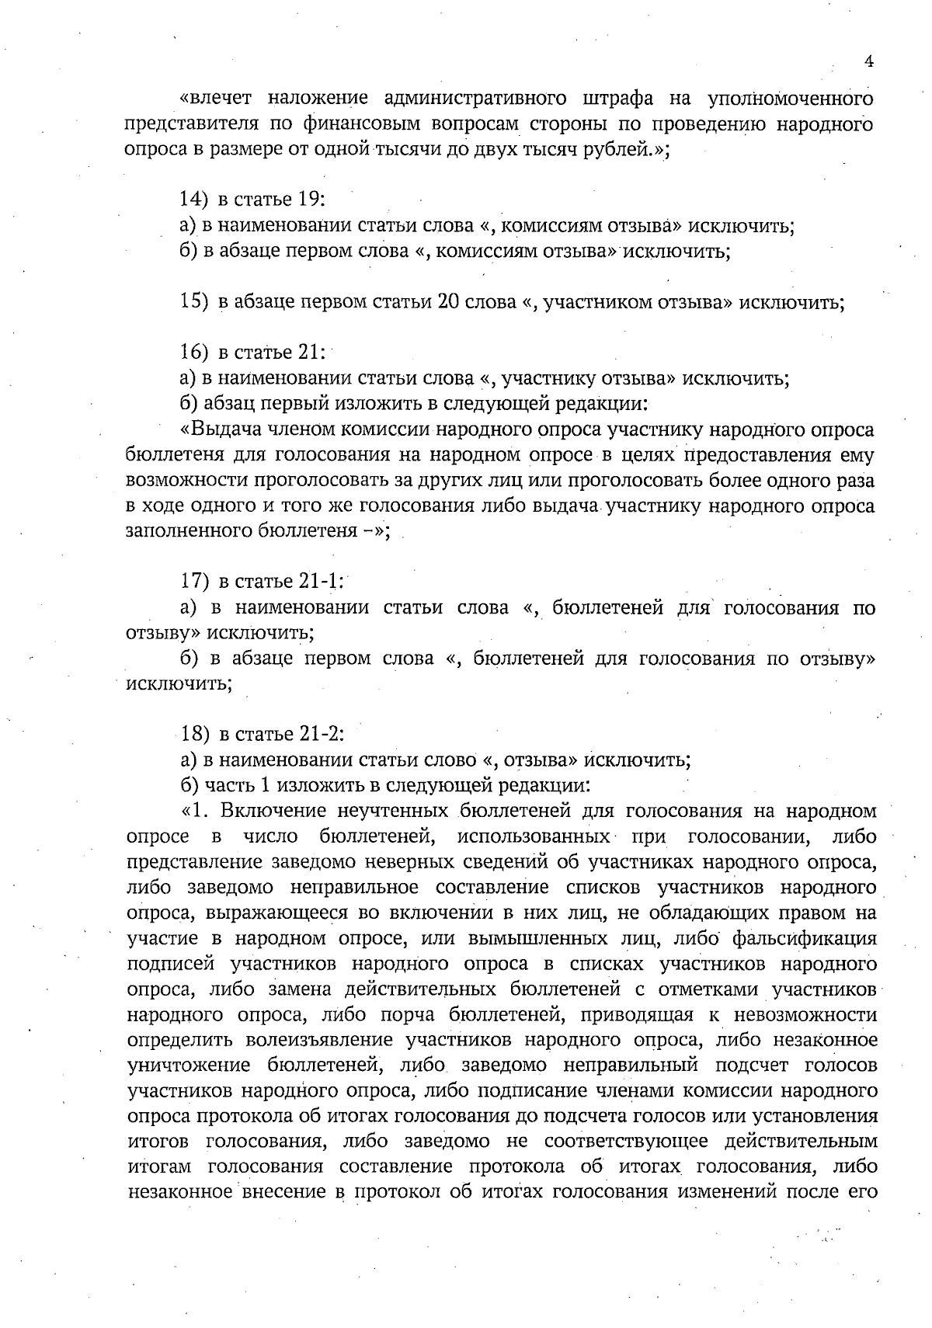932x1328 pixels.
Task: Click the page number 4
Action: (869, 62)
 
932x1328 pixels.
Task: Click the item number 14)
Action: (195, 200)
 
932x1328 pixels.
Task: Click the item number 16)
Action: (195, 352)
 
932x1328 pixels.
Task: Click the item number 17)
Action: (195, 581)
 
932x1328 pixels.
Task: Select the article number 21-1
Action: (322, 581)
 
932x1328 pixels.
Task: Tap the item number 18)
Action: (195, 734)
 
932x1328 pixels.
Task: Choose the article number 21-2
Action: (322, 734)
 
